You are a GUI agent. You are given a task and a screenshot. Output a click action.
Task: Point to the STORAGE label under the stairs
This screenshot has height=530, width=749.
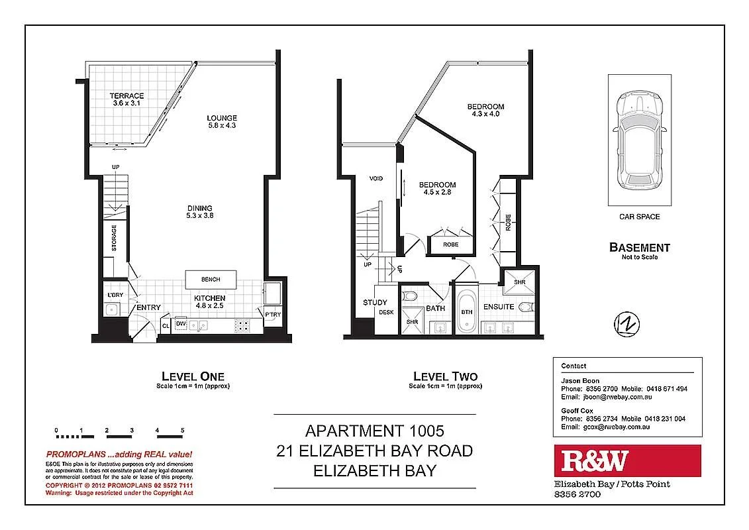114,237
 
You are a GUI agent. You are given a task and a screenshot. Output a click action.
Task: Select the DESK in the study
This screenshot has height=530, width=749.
386,313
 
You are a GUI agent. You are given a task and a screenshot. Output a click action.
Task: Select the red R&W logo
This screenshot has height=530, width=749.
626,461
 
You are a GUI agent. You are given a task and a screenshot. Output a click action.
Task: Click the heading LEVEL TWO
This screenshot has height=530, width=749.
444,376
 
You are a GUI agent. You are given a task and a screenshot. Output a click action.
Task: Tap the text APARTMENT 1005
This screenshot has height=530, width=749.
374,431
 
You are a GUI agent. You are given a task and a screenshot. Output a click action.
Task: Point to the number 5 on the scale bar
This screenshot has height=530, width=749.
181,431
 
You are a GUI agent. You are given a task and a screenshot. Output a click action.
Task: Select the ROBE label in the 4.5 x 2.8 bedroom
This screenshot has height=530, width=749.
450,244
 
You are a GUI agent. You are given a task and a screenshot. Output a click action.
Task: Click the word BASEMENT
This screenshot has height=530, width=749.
639,248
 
